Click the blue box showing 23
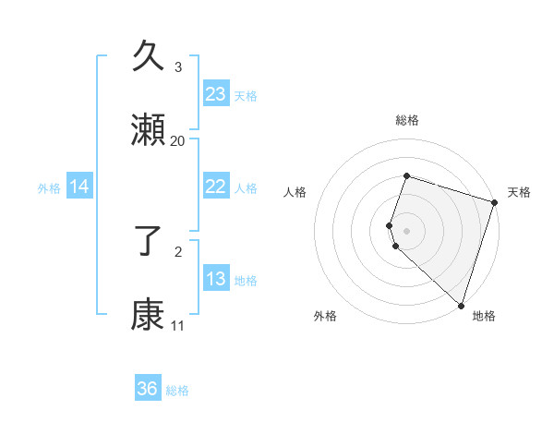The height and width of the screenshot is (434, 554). pyautogui.click(x=215, y=94)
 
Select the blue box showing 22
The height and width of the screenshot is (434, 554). pyautogui.click(x=215, y=187)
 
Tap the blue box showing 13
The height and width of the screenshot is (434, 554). pyautogui.click(x=215, y=279)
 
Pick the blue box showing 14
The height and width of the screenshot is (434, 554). pyautogui.click(x=79, y=187)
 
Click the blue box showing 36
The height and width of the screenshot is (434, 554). pyautogui.click(x=148, y=389)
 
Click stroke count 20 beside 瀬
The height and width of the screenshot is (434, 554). pyautogui.click(x=178, y=141)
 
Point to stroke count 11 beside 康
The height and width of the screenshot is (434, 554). pyautogui.click(x=177, y=326)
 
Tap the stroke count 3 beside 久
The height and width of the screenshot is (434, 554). pyautogui.click(x=178, y=67)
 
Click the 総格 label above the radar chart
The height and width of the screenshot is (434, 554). pyautogui.click(x=406, y=120)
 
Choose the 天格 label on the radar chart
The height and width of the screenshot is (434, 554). pyautogui.click(x=519, y=192)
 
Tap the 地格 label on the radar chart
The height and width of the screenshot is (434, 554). pyautogui.click(x=484, y=316)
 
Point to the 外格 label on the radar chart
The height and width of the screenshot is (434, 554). pyautogui.click(x=325, y=316)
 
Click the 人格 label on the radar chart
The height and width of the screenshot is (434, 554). pyautogui.click(x=295, y=192)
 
